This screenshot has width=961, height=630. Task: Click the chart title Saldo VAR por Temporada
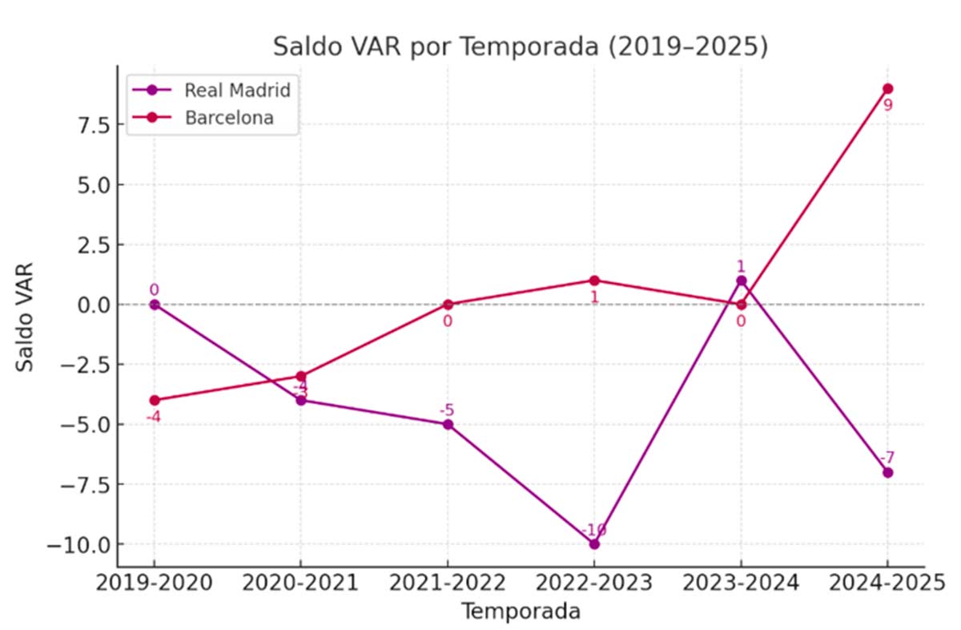click(x=520, y=46)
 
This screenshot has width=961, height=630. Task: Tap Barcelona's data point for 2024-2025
click(x=887, y=88)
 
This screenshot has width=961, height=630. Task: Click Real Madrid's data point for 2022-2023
click(x=594, y=544)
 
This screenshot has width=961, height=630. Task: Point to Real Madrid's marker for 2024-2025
click(x=887, y=472)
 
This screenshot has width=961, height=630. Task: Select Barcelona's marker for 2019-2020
click(x=154, y=400)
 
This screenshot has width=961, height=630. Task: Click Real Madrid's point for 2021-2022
click(x=448, y=424)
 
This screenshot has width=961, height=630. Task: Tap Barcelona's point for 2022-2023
click(x=594, y=281)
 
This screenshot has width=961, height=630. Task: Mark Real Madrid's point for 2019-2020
click(x=154, y=305)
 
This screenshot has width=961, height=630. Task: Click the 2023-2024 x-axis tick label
click(x=741, y=583)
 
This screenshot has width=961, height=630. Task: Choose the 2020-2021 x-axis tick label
click(x=300, y=583)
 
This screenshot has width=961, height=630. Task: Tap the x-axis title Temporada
click(x=520, y=612)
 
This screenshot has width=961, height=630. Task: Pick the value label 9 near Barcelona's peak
click(x=887, y=105)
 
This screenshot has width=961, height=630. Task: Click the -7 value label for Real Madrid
click(x=887, y=458)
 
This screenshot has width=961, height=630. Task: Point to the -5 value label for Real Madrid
click(x=448, y=410)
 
